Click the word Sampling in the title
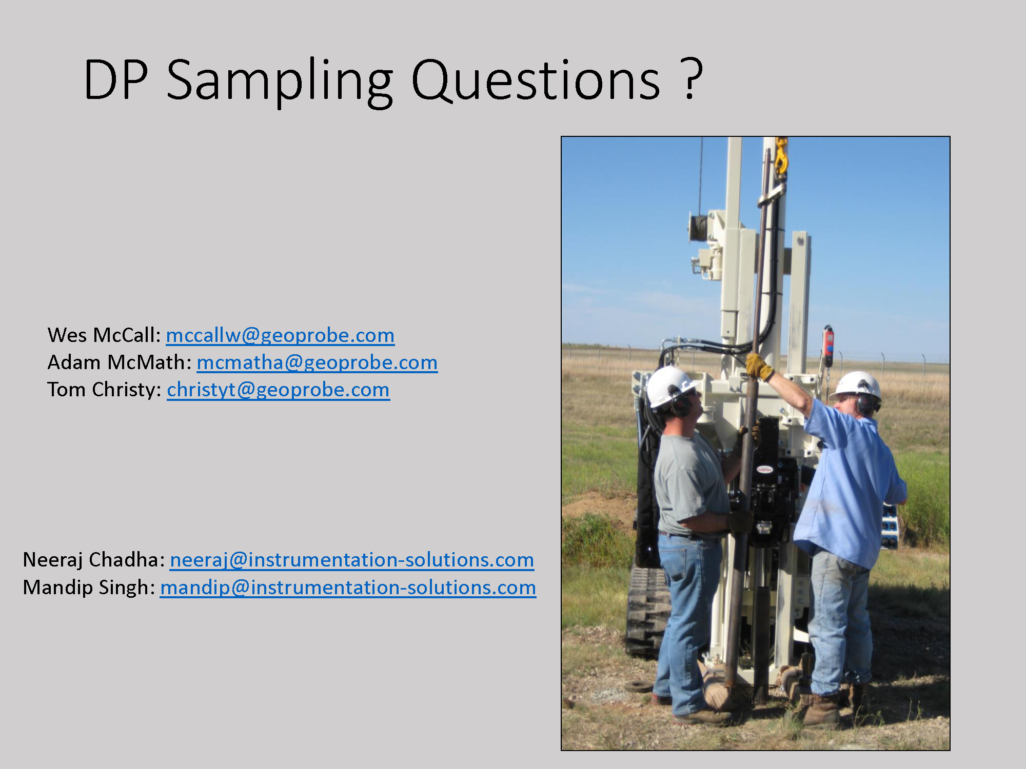click(x=280, y=82)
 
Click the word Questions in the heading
click(x=536, y=80)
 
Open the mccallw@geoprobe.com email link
click(x=280, y=335)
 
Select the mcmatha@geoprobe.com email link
click(x=317, y=362)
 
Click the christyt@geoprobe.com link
click(x=278, y=390)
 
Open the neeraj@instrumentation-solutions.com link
click(x=352, y=560)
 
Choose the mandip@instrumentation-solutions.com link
click(x=348, y=588)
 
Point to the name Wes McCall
click(x=104, y=335)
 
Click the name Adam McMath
click(x=120, y=362)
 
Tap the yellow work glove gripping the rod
click(x=759, y=366)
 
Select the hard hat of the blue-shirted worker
click(x=856, y=386)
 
